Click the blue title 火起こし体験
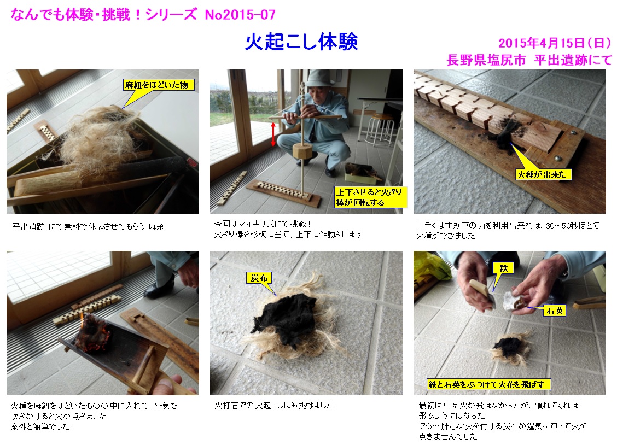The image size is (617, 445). click(x=301, y=42)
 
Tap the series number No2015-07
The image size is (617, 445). click(x=240, y=15)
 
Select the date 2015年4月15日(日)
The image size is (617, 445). click(x=555, y=43)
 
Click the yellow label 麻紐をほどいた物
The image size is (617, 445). click(x=156, y=85)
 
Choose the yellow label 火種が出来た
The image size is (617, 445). click(x=542, y=174)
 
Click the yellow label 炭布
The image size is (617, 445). click(x=259, y=278)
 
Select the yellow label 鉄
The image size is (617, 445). click(x=503, y=268)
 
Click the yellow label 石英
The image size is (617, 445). click(x=555, y=311)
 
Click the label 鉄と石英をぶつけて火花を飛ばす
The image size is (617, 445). click(x=488, y=384)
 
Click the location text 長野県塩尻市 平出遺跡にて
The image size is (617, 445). click(x=529, y=60)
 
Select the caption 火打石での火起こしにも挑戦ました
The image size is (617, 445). click(x=274, y=405)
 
